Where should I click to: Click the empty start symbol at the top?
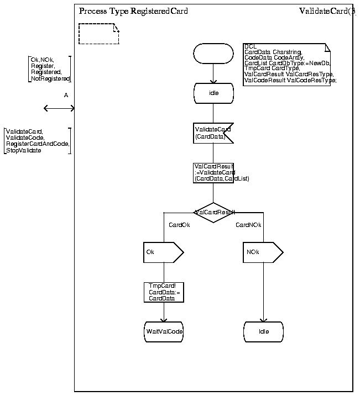[213, 54]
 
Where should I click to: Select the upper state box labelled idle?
[213, 93]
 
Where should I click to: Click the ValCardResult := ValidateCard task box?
[213, 172]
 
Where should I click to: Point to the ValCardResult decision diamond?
[214, 212]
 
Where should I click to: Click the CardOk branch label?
[179, 225]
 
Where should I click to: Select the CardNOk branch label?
[248, 225]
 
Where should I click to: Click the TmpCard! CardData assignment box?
[163, 292]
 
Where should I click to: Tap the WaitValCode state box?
[164, 331]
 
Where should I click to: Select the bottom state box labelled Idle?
[264, 331]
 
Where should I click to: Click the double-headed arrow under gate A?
[59, 108]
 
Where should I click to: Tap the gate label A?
[66, 96]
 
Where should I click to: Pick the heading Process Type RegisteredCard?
[133, 11]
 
